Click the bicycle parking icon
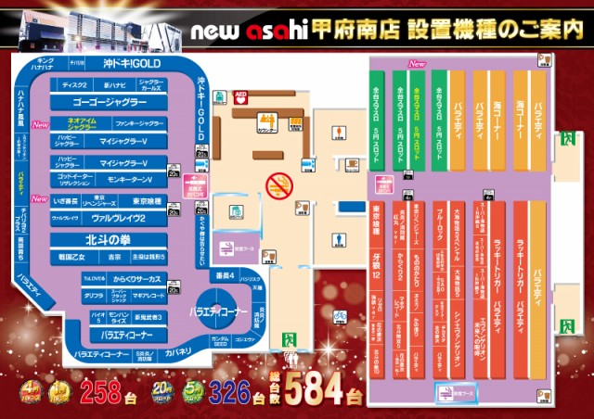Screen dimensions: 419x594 [341, 314]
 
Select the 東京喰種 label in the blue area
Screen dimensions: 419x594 [147, 200]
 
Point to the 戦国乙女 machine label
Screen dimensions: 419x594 [74, 256]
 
